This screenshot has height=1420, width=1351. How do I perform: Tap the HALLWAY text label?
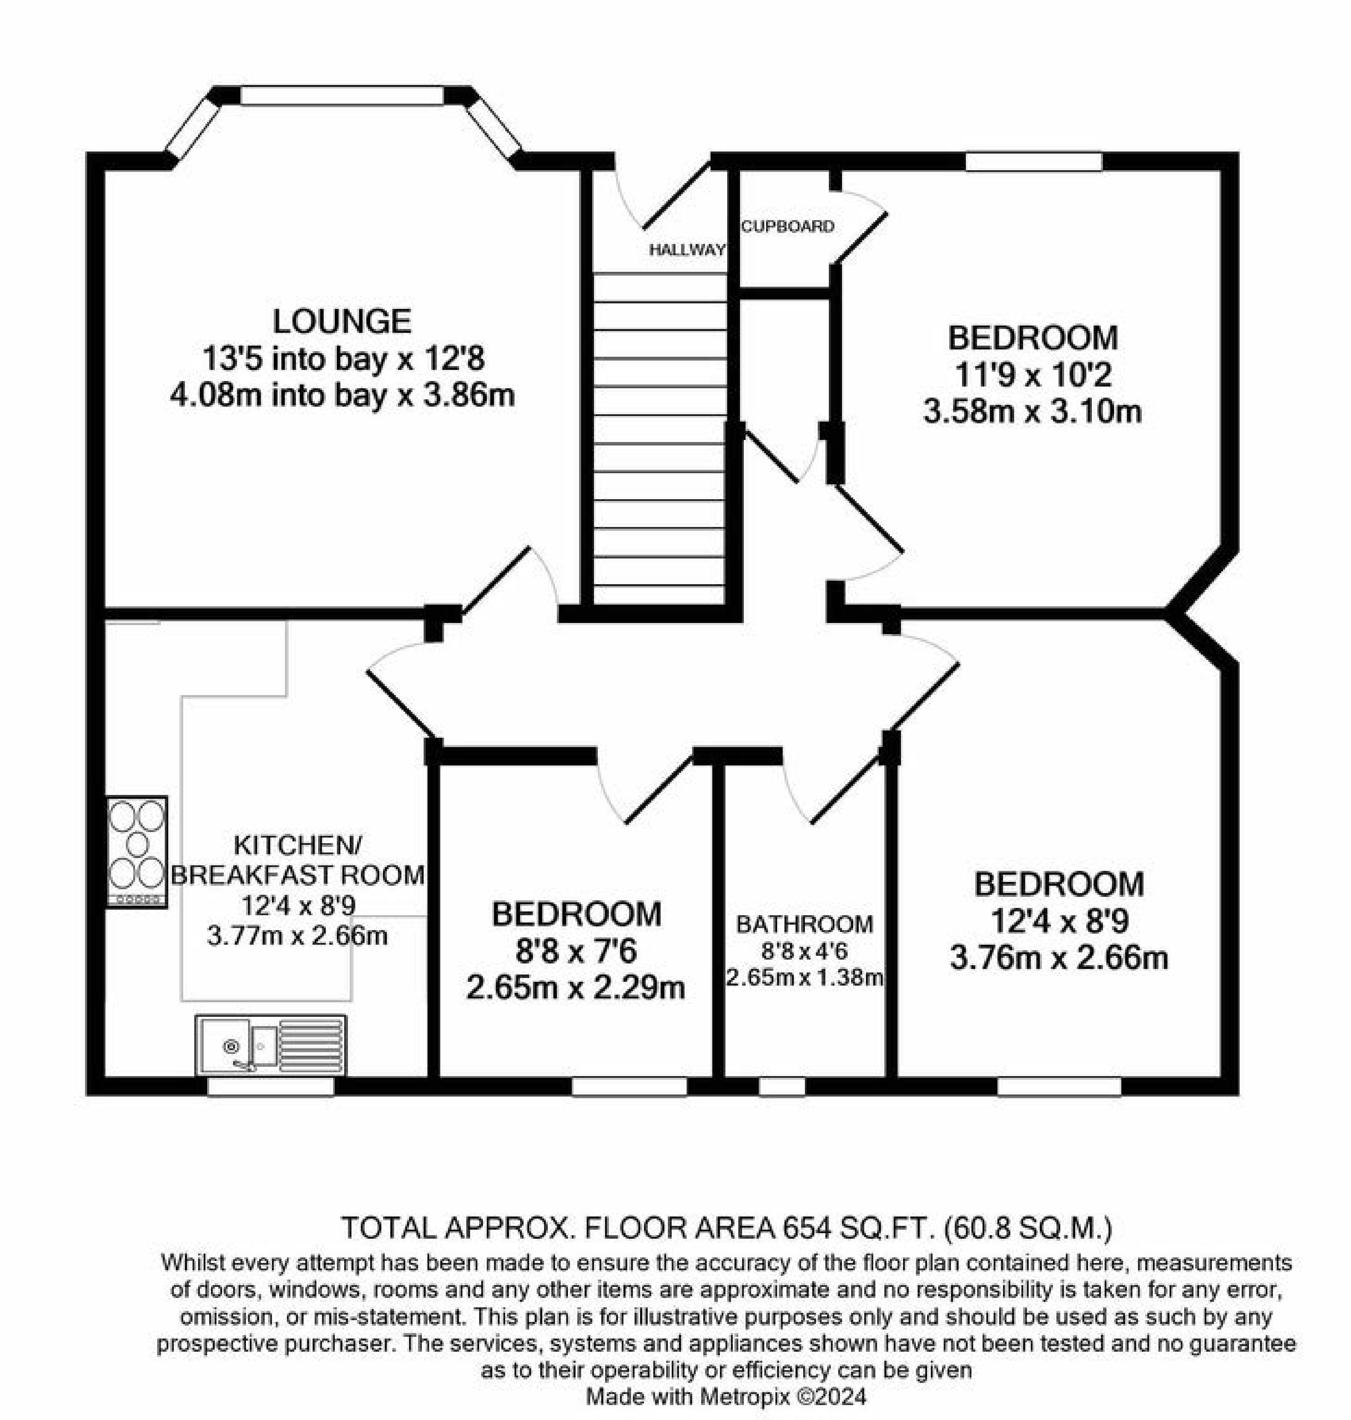[x=686, y=250]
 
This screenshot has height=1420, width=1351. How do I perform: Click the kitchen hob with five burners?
[x=137, y=851]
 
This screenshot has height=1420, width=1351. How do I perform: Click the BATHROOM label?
[x=805, y=924]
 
